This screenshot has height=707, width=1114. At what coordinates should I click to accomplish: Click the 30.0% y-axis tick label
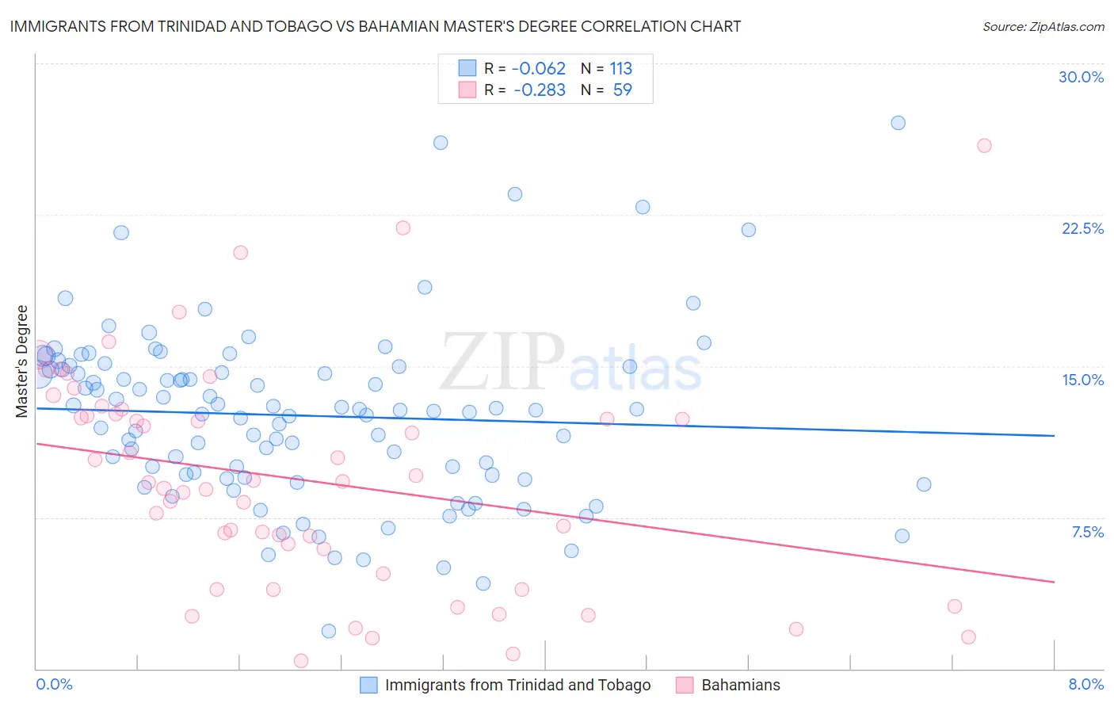coord(1081,77)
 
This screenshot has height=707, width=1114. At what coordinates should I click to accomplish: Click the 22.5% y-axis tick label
coord(1082,228)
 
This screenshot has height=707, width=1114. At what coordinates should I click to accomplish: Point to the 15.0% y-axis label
coord(1082,380)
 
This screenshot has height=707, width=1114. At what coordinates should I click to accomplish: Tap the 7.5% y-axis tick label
coord(1087,532)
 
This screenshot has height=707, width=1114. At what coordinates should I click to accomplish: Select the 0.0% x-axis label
coord(54,684)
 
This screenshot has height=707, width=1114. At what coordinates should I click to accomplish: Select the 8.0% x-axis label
coord(1085,684)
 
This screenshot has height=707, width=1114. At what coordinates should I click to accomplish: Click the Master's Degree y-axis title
coord(22,361)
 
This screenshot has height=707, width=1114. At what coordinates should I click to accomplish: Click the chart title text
coord(376,26)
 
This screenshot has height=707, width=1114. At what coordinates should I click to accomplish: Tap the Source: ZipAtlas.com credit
coord(1043,26)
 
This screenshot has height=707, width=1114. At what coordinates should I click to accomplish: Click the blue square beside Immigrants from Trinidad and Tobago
coord(368,685)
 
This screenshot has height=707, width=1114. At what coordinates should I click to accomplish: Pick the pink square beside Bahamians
coord(685,685)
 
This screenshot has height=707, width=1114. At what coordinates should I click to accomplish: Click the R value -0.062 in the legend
coord(539,68)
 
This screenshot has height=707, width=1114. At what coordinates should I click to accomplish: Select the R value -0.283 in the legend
coord(539,90)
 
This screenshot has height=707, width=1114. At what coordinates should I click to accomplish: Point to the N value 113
coord(621,68)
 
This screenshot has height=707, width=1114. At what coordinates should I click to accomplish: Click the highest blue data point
coord(898,123)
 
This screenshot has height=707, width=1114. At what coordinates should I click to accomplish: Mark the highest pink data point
coord(984,145)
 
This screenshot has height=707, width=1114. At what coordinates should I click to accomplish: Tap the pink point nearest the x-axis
coord(301,660)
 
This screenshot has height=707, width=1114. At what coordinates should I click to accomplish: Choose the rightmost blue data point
coord(924,484)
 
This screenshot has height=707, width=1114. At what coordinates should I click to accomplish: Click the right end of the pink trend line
coord(1054,582)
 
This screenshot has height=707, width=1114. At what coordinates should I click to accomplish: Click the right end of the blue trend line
coord(1054,435)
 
